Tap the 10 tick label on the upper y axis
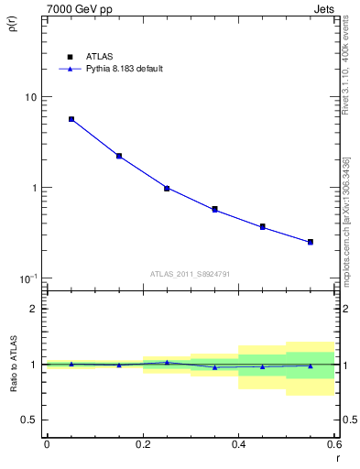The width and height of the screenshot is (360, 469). pyautogui.click(x=30, y=97)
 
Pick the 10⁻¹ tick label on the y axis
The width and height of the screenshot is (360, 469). pyautogui.click(x=27, y=278)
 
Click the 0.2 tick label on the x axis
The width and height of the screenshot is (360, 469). pyautogui.click(x=142, y=444)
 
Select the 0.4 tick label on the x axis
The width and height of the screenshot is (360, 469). pyautogui.click(x=238, y=444)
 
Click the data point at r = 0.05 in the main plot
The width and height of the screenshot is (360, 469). pyautogui.click(x=71, y=119)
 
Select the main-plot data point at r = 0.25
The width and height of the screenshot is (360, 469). pyautogui.click(x=167, y=188)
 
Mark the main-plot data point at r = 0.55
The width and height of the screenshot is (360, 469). pyautogui.click(x=311, y=242)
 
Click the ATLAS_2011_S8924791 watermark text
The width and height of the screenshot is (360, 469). pyautogui.click(x=190, y=273)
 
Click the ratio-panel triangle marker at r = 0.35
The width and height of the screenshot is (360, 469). pyautogui.click(x=214, y=367)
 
